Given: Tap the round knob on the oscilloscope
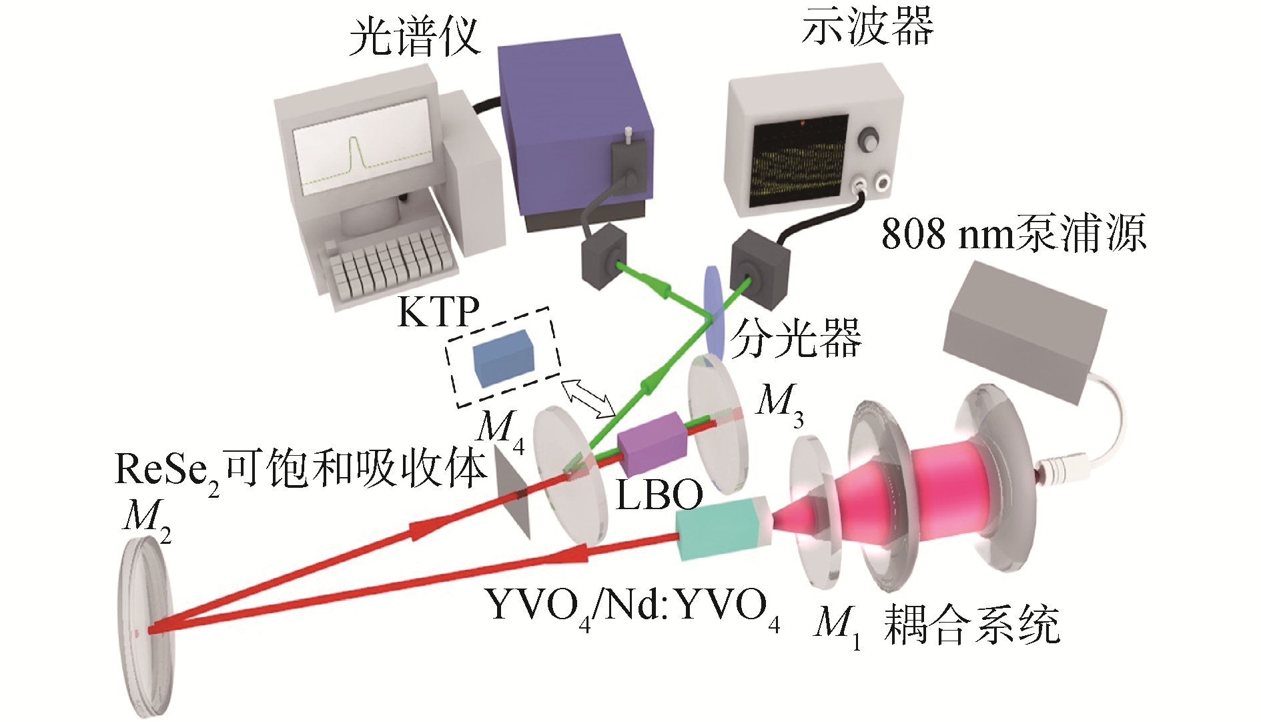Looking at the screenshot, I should tap(869, 139).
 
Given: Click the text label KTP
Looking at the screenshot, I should tap(438, 312).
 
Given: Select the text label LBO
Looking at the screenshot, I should tap(659, 494).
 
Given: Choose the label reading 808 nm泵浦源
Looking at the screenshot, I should tap(1013, 234).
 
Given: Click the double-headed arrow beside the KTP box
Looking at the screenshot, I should tap(588, 398).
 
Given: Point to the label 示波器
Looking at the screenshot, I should tap(867, 28).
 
